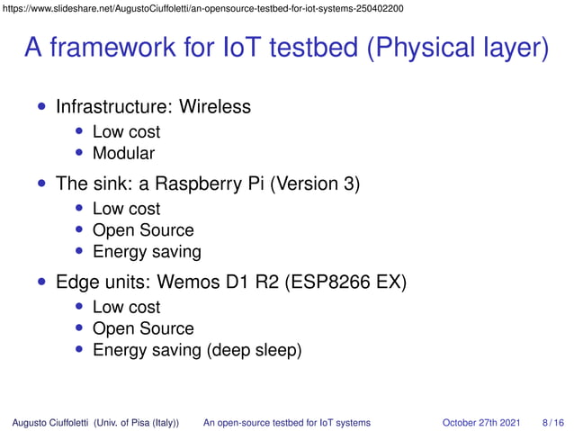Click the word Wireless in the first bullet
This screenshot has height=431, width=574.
coord(215,107)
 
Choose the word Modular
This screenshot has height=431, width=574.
coord(123,153)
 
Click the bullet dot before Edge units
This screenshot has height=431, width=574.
coord(41,283)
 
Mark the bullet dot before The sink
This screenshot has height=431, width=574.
coord(41,185)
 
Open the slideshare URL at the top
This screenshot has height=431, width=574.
coord(202,8)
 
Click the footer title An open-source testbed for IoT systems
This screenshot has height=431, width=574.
coord(287,421)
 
